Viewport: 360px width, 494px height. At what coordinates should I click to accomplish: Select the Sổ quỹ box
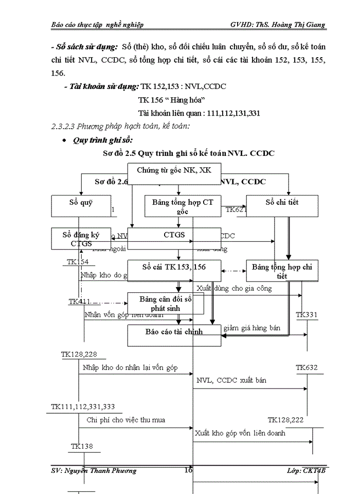click(x=81, y=206)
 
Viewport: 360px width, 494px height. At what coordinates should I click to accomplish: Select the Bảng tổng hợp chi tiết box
click(x=282, y=271)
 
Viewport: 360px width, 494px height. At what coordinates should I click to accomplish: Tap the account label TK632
click(x=307, y=367)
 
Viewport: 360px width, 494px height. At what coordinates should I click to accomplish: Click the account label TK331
click(x=307, y=314)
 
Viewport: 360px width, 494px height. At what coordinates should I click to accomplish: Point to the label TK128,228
click(x=79, y=354)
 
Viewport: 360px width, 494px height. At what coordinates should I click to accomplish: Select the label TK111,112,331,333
click(x=83, y=407)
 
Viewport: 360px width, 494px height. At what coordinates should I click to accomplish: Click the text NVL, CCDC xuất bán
click(x=231, y=381)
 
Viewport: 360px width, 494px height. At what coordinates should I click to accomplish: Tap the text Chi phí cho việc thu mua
click(x=126, y=420)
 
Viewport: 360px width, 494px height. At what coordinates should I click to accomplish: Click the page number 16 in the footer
click(x=188, y=470)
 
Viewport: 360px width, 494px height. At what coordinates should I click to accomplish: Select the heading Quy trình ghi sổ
click(x=103, y=140)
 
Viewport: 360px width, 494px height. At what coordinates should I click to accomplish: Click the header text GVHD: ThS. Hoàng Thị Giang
click(x=278, y=25)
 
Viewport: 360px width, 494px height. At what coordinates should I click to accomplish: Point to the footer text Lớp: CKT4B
click(x=307, y=471)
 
